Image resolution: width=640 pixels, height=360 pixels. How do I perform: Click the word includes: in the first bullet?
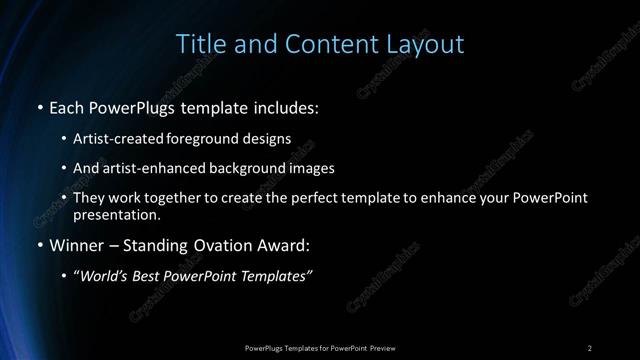pos(288,107)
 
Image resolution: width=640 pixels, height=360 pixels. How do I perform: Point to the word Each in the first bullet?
pos(68,107)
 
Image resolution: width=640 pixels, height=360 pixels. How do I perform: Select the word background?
pos(248,168)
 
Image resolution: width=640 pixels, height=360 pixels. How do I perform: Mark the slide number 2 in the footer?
pos(590,347)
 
